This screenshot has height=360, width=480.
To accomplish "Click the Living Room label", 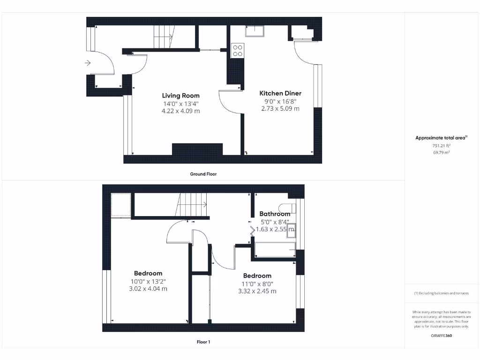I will coord(181,96).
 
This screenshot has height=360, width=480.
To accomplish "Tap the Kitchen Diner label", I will coord(280,93).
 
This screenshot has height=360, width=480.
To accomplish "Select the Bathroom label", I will coord(275,214).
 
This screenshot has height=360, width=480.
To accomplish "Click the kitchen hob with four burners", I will coord(238,50).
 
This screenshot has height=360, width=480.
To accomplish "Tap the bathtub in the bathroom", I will coord(274,249).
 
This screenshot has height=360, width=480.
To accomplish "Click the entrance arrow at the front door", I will coord(88,63).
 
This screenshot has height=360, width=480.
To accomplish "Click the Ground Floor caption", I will coord(203,174).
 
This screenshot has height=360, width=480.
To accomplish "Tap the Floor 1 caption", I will coord(203,342).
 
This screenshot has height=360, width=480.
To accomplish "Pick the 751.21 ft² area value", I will coord(441,146).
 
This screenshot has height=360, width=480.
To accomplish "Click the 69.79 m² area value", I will coord(441,153).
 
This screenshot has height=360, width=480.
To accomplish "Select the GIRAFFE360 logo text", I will coord(441,336).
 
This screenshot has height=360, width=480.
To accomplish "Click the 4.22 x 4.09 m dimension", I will coord(181,111).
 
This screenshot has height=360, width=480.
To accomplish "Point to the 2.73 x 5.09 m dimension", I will coord(280,108).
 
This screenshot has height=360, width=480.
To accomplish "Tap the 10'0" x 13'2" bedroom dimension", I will coord(148,281).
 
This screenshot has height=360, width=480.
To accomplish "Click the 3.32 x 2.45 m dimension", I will coord(257,291).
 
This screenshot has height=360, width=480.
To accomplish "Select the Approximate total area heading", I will coord(441,138).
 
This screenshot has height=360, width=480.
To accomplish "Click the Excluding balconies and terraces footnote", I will coord(441,293).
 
